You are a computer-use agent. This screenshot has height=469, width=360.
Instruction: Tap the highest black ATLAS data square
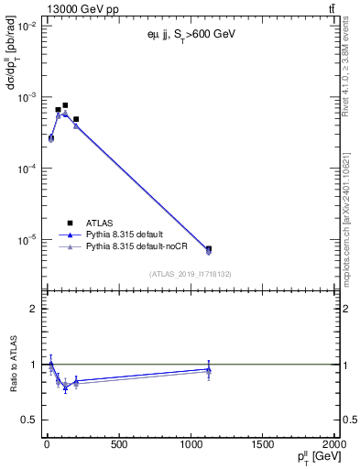pyautogui.click(x=65, y=105)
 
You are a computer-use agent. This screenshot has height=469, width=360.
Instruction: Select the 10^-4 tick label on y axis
pyautogui.click(x=24, y=169)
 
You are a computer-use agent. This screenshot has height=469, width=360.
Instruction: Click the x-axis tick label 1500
pyautogui.click(x=262, y=446)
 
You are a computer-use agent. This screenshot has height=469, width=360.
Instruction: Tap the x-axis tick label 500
pyautogui.click(x=117, y=446)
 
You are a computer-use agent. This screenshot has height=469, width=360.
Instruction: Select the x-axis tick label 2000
pyautogui.click(x=333, y=446)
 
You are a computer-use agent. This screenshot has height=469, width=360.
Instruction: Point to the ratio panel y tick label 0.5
pyautogui.click(x=28, y=420)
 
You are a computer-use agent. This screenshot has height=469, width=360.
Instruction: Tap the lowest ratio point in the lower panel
pyautogui.click(x=65, y=387)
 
